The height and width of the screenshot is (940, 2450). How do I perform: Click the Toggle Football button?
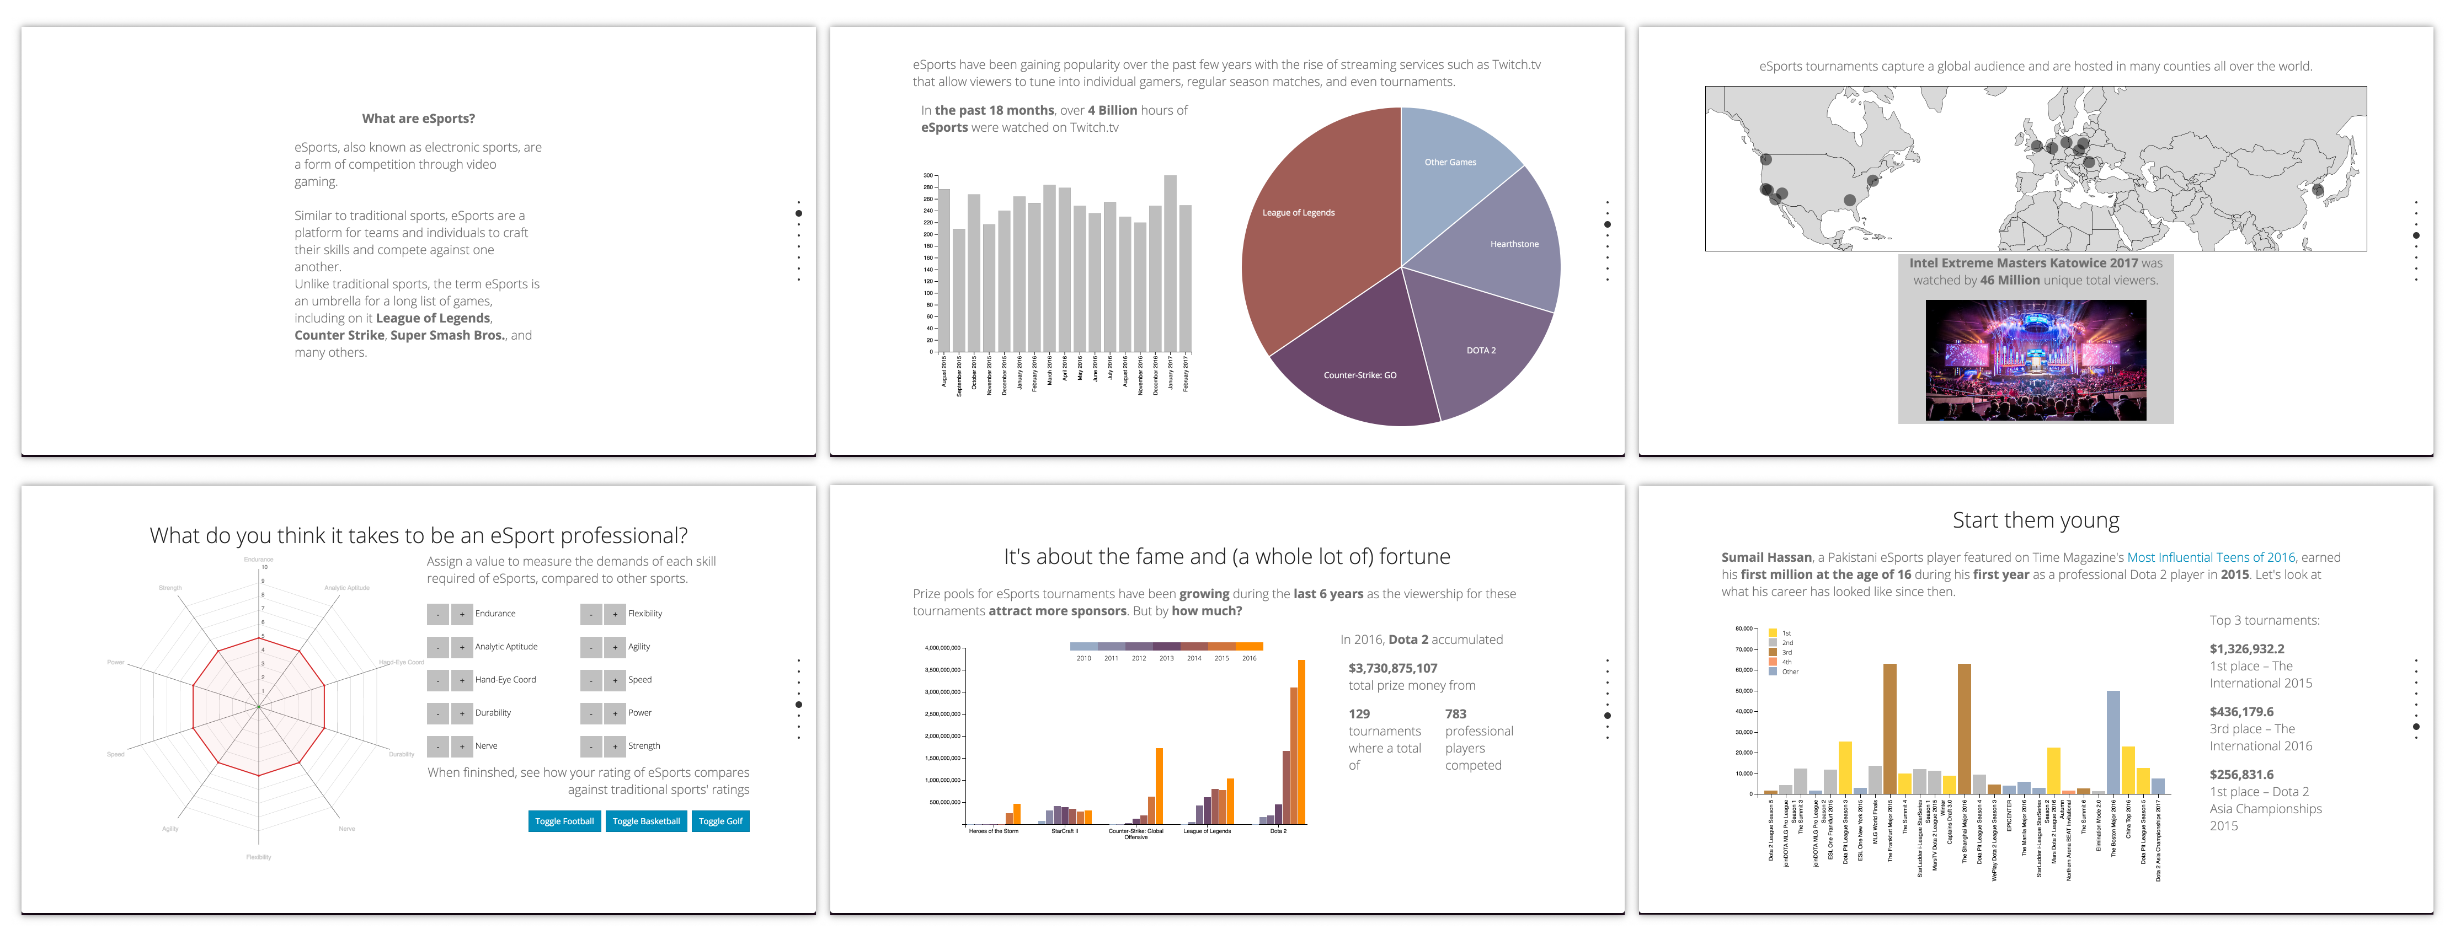pyautogui.click(x=564, y=821)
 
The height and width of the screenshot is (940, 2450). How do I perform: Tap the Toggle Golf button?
pyautogui.click(x=720, y=821)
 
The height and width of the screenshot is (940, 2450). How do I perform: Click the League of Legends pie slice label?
pyautogui.click(x=1298, y=213)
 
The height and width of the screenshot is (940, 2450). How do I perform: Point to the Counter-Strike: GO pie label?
pyautogui.click(x=1359, y=375)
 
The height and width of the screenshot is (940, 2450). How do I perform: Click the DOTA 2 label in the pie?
pyautogui.click(x=1480, y=351)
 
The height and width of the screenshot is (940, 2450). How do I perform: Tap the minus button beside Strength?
pyautogui.click(x=591, y=746)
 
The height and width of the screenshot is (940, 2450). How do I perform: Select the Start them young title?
pyautogui.click(x=2035, y=521)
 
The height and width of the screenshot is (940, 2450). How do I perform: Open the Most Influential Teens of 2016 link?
pyautogui.click(x=2211, y=558)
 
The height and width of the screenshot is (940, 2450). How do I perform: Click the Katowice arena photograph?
pyautogui.click(x=2035, y=360)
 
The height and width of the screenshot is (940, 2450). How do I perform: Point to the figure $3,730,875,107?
pyautogui.click(x=1392, y=668)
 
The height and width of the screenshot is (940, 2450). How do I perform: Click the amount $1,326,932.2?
pyautogui.click(x=2246, y=649)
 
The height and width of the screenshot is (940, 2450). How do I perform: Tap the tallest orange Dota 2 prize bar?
pyautogui.click(x=1301, y=742)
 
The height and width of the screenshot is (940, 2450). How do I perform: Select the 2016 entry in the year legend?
pyautogui.click(x=1249, y=658)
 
